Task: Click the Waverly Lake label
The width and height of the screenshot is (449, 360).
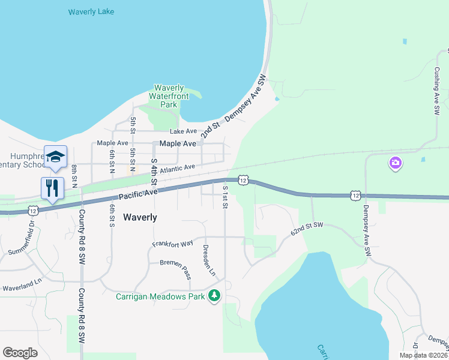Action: click(91, 12)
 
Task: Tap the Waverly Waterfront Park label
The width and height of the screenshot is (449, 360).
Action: click(169, 96)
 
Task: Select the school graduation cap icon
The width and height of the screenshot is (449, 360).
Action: click(55, 157)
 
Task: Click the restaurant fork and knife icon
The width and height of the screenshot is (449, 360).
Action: click(52, 188)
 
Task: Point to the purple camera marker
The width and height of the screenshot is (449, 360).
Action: click(395, 163)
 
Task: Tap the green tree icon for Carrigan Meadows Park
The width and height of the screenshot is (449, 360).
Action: click(214, 295)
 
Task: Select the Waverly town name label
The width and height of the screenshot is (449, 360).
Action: click(140, 217)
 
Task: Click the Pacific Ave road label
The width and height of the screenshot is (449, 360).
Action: click(138, 193)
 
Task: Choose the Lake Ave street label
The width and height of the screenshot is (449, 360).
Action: click(183, 131)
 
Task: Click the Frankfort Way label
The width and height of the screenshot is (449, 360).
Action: click(173, 244)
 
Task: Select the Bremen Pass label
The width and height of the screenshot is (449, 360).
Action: click(175, 266)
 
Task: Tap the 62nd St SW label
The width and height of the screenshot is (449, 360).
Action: click(307, 228)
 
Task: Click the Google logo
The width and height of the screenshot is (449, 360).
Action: click(20, 353)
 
